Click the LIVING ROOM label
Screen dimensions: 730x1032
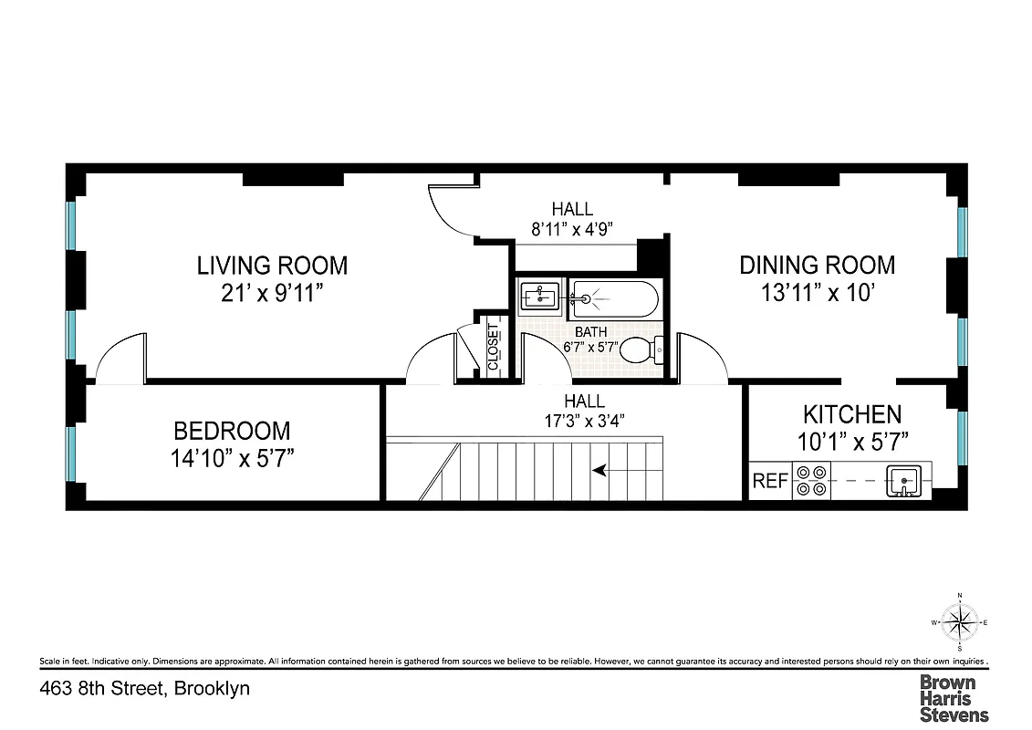point(272,266)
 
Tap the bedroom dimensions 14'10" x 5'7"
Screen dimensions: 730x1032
point(232,457)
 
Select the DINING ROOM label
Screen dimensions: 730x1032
point(817,265)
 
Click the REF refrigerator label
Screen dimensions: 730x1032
point(769,481)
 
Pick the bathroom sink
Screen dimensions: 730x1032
point(537,297)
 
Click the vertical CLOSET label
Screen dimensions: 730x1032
point(494,348)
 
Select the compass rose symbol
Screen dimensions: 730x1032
point(959,623)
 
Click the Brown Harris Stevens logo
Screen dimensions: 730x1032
point(953,698)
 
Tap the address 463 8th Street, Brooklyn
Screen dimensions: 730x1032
point(145,688)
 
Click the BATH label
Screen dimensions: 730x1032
point(590,332)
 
